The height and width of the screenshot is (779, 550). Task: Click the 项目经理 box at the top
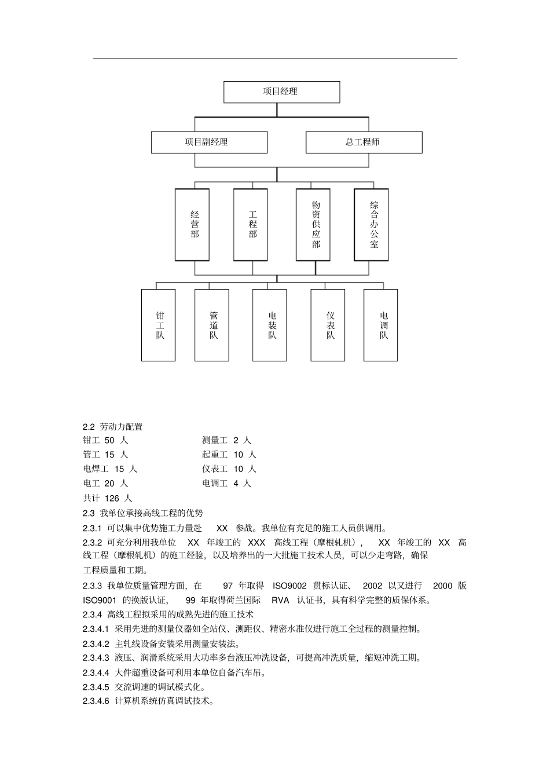point(281,92)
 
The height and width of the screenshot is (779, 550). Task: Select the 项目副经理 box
point(209,142)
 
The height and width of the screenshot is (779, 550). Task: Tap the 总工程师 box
point(364,142)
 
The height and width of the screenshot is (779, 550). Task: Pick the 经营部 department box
point(195,224)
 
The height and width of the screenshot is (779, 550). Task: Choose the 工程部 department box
point(252,224)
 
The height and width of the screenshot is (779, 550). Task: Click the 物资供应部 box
point(316,224)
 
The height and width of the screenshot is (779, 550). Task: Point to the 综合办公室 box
point(373,224)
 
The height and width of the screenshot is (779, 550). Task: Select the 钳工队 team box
point(159,325)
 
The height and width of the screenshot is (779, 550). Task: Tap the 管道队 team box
point(213,325)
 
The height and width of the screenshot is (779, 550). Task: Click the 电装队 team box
point(272,325)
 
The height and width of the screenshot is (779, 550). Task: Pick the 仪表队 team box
point(329,325)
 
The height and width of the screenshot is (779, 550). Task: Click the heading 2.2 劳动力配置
point(113,427)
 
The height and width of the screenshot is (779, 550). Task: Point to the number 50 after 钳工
point(110,440)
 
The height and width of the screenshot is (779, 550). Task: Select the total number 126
point(112,498)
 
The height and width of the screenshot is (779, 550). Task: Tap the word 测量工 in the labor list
point(215,440)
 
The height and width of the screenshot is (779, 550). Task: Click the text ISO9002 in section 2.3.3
point(290,586)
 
